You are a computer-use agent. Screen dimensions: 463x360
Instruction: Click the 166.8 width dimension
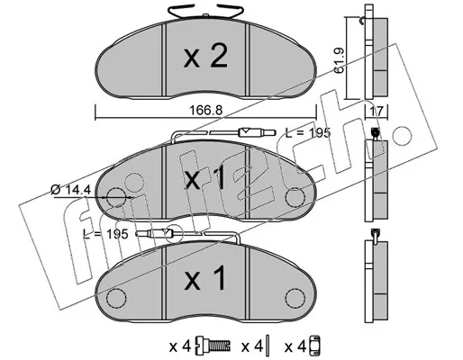point(205,111)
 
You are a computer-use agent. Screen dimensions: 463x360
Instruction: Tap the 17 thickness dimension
point(377,112)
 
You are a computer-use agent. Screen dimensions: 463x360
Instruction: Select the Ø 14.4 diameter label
point(70,190)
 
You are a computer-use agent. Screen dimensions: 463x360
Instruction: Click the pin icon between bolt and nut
point(268,347)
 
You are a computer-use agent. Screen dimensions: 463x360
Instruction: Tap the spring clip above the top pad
point(206,12)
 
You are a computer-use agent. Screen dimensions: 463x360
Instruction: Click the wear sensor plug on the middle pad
point(257,132)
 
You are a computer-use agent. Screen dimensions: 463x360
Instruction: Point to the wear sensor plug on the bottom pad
point(155,233)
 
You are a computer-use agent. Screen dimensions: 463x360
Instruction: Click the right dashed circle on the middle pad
point(295,197)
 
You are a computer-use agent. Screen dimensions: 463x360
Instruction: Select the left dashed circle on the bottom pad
point(116,298)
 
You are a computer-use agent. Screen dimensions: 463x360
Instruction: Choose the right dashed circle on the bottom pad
point(295,298)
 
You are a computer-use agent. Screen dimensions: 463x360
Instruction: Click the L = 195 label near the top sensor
point(308,132)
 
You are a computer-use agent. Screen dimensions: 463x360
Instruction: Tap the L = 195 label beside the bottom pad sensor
point(105,234)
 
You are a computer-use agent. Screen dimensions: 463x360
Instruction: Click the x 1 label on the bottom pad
point(204,279)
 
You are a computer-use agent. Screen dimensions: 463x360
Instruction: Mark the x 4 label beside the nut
point(295,347)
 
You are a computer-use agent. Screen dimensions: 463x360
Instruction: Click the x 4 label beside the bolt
point(180,347)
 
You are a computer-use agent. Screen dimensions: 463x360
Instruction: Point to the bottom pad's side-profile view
point(376,281)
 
